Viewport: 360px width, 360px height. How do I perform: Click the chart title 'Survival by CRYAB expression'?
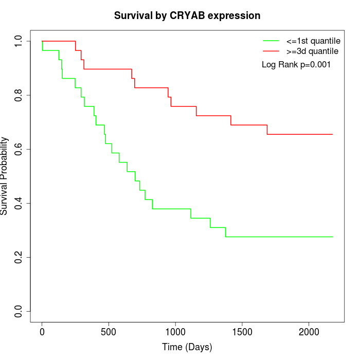coord(187,15)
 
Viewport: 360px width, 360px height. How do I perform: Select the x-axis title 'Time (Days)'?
coord(187,347)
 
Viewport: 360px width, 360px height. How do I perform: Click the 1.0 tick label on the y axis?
coord(19,41)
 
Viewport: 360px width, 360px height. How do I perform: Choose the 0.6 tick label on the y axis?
coord(19,149)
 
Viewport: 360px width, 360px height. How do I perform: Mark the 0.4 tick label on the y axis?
coord(19,203)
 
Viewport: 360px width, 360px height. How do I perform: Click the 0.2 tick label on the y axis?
coord(19,257)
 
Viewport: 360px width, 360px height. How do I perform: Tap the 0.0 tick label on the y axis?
coord(19,311)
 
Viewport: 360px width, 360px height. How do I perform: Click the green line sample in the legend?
coord(271,41)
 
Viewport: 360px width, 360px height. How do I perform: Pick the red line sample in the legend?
coord(271,51)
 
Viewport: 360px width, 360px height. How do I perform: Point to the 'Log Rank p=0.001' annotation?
coord(296,64)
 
